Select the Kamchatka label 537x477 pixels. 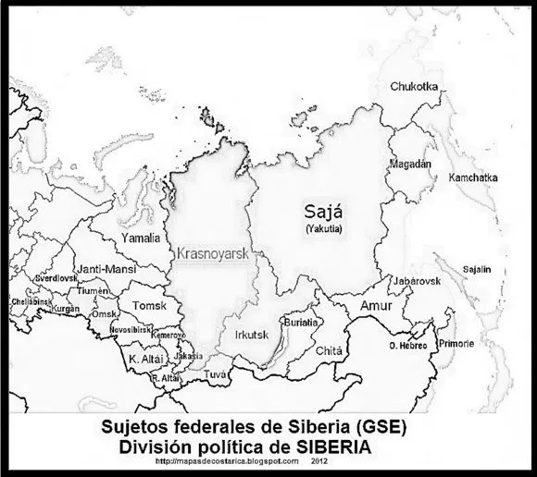tap(472, 177)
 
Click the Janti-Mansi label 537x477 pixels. tap(102, 269)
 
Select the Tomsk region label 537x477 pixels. tap(149, 306)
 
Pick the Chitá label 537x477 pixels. tap(329, 351)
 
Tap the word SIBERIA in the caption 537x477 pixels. tap(333, 445)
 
